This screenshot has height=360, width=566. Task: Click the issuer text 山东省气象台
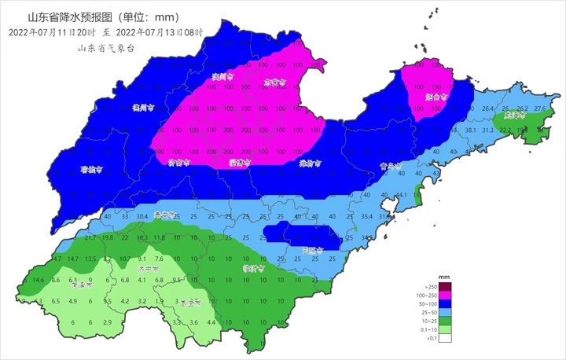pos(106,48)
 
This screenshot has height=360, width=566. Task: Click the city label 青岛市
pos(389,167)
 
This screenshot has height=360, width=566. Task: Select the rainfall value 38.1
pos(471,130)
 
